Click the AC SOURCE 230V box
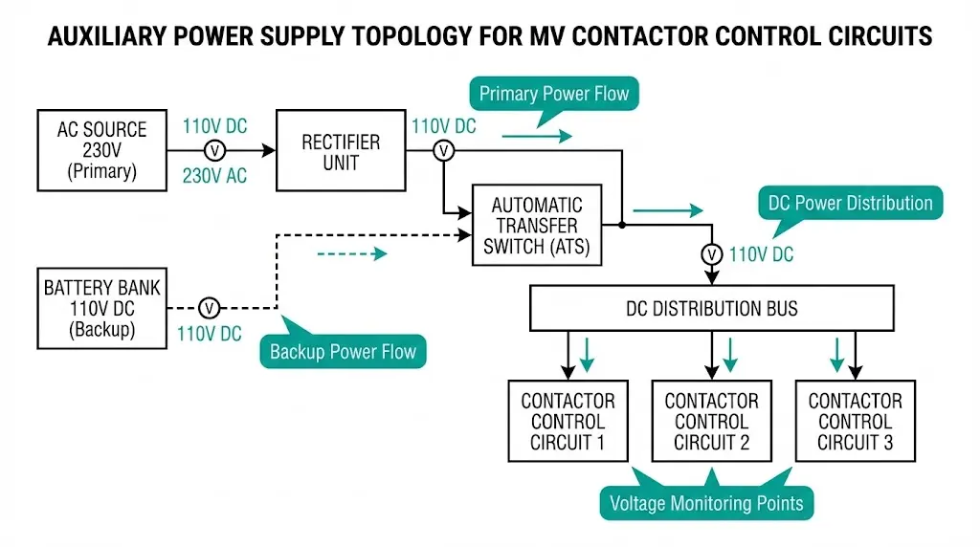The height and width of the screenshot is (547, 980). point(101,150)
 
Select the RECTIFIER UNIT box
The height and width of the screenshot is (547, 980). point(342,150)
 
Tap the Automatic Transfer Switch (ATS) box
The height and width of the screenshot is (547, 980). point(537,226)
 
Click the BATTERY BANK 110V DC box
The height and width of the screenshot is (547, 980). point(101,308)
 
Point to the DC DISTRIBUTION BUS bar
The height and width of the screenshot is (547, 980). point(711,308)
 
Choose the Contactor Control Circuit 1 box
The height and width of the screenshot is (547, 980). point(568,421)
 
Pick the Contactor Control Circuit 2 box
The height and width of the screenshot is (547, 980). point(711,421)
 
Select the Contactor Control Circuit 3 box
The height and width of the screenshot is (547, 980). point(855,421)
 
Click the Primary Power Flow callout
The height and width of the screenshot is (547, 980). point(553,94)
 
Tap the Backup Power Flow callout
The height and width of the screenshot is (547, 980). point(343,351)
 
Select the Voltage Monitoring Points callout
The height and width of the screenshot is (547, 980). point(706,502)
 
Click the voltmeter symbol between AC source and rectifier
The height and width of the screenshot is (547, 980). point(216,150)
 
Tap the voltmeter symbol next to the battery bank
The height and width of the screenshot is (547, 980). point(210,308)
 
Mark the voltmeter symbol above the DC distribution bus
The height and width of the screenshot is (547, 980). point(711,254)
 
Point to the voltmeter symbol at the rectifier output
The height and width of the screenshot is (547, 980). point(443,150)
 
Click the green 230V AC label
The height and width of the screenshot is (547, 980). point(214,175)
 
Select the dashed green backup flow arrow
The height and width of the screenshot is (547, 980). point(351,253)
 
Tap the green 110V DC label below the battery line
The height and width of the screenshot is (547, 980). point(209,334)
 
